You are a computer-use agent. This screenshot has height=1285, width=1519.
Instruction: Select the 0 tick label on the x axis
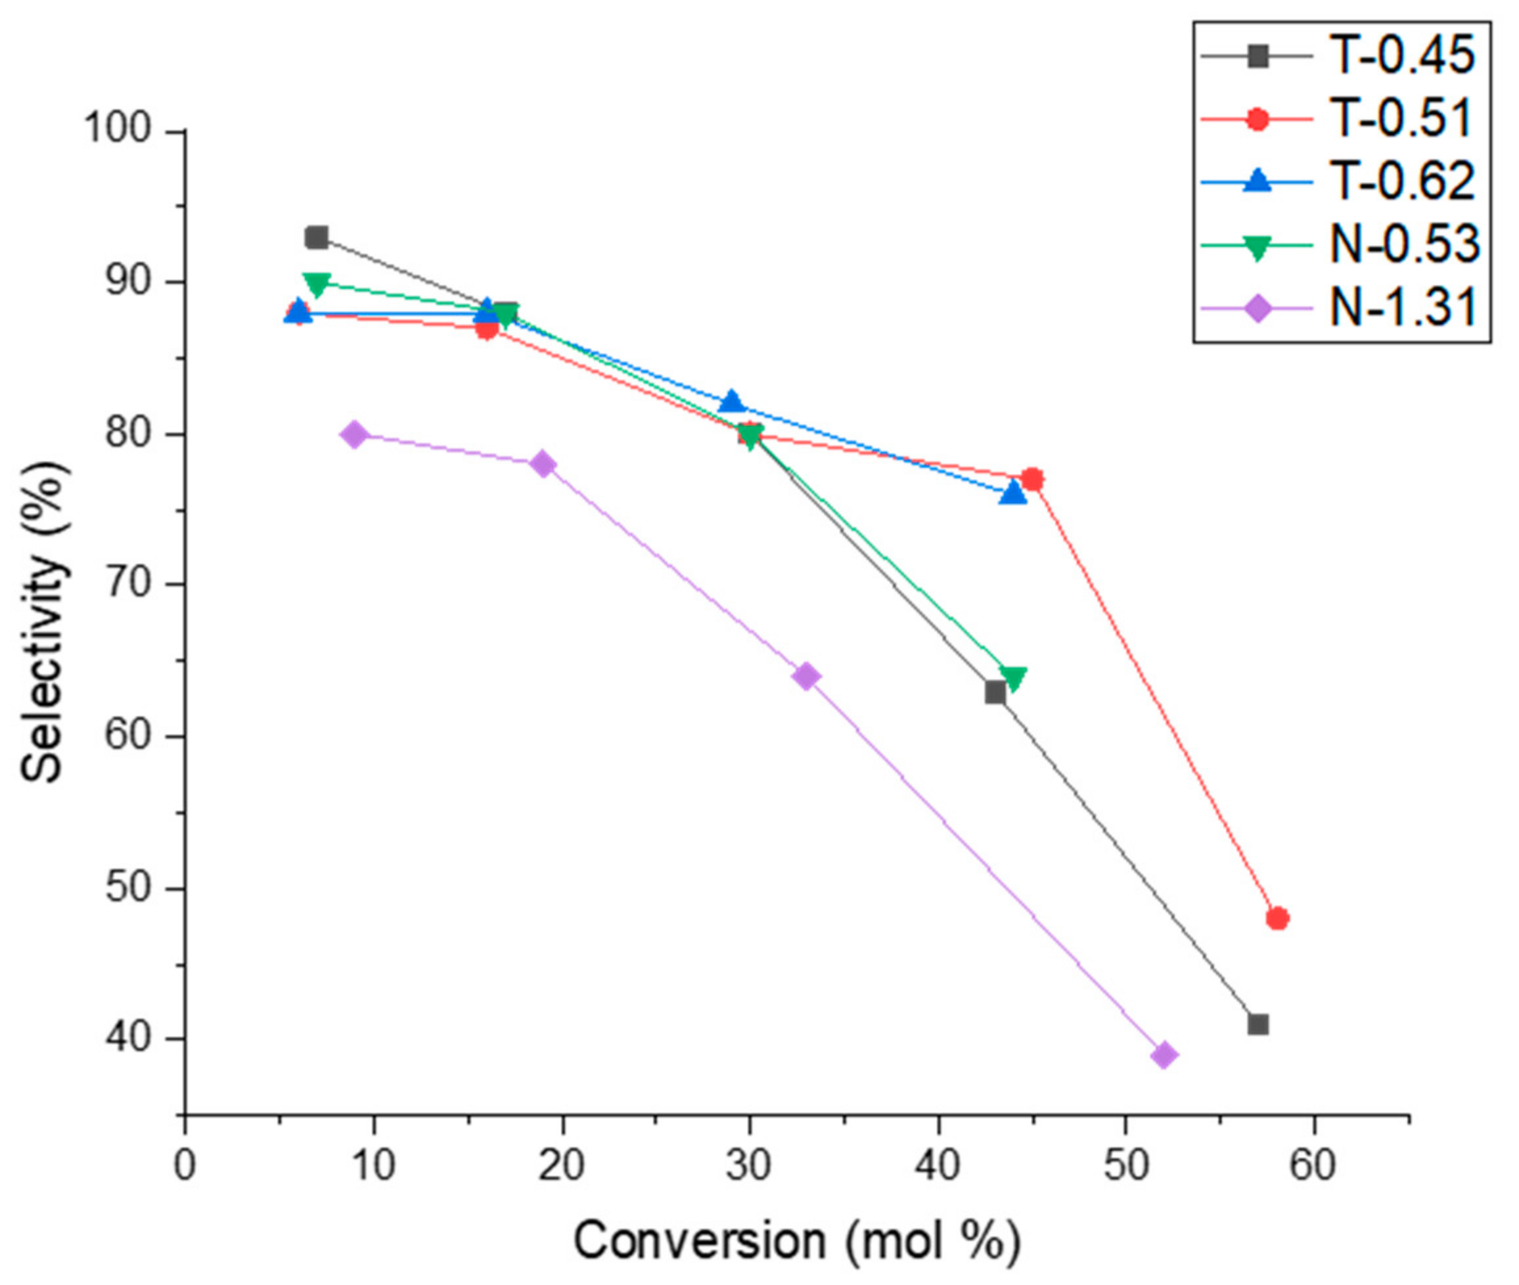(185, 1166)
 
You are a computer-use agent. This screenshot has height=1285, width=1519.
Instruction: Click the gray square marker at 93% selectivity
(316, 237)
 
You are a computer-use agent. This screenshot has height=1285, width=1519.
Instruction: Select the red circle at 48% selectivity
(1277, 918)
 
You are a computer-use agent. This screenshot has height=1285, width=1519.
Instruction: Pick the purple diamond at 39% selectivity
(1164, 1055)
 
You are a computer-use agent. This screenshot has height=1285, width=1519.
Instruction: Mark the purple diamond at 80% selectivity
(355, 435)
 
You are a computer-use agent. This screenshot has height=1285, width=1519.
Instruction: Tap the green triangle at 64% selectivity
(1013, 677)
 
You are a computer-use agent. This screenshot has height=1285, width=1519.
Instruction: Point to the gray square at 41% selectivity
(1258, 1025)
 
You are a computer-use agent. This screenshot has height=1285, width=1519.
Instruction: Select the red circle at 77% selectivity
(1032, 480)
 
